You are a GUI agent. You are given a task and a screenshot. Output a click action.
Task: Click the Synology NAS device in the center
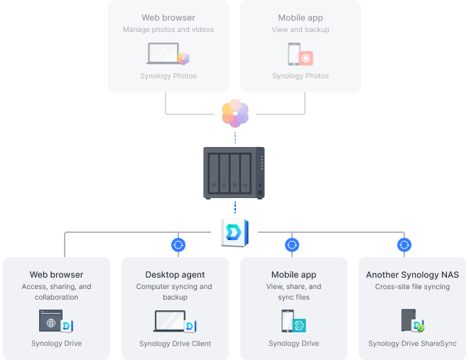[x=234, y=173]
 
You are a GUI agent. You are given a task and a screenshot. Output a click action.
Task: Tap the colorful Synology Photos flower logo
[x=234, y=112]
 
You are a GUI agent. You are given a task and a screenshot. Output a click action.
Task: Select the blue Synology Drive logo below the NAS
[x=234, y=231]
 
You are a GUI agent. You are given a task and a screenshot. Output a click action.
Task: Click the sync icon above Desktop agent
[x=178, y=245]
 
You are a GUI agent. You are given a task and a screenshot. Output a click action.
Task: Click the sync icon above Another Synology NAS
[x=404, y=245]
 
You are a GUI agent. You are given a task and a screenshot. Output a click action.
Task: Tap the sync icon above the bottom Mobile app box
[x=292, y=245]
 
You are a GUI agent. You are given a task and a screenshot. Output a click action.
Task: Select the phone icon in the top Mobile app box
[x=293, y=55]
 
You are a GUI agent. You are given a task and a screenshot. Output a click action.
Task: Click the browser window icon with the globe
[x=50, y=321]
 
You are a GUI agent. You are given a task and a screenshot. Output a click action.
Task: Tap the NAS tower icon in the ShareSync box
[x=408, y=320]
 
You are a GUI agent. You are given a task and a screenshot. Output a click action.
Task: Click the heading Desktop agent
[x=175, y=275]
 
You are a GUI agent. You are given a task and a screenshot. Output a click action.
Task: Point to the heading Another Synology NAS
[x=412, y=275]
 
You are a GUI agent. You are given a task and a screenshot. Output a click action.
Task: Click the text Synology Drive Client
[x=175, y=344]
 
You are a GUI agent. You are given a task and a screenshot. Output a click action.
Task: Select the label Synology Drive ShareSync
[x=412, y=344]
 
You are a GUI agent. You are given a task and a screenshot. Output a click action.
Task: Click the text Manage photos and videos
[x=168, y=30]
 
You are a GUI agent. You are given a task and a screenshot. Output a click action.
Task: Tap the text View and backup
[x=300, y=30]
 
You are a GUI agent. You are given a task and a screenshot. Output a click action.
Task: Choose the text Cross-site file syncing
[x=412, y=287]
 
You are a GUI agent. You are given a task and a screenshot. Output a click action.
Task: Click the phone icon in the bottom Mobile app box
[x=288, y=321]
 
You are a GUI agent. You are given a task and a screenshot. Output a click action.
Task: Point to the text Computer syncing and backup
[x=175, y=292]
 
